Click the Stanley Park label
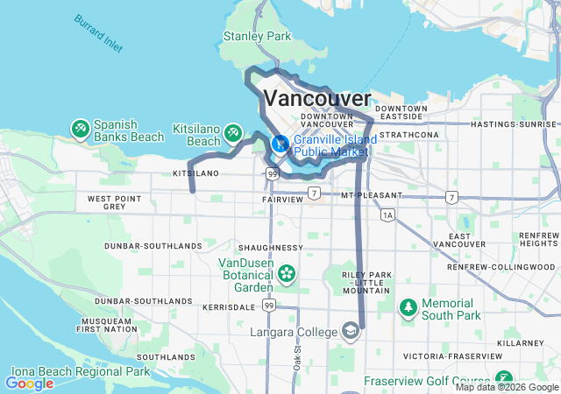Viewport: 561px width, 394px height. tap(257, 37)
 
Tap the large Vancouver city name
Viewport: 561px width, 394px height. tap(316, 97)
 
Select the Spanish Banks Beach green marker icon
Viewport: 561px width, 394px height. tap(81, 130)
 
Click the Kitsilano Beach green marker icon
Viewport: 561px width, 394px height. tap(233, 133)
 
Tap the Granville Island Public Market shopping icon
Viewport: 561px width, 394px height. tap(280, 144)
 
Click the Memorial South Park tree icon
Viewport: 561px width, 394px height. tap(408, 308)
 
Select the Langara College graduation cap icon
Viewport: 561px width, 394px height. tap(351, 332)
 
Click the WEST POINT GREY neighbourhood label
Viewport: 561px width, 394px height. tap(113, 203)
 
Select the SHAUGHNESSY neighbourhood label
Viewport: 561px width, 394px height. tap(269, 248)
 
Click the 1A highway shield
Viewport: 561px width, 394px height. tap(387, 214)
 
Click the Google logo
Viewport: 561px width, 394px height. tap(29, 383)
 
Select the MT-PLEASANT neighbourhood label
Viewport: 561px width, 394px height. tap(372, 194)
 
